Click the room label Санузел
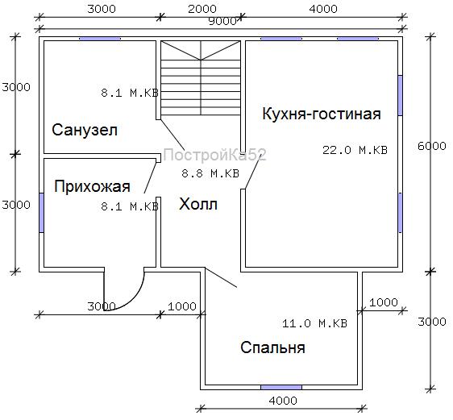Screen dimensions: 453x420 point(85,130)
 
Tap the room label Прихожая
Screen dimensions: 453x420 point(92,186)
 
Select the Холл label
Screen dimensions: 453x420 point(198,204)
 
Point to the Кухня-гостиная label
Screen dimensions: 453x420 point(322,114)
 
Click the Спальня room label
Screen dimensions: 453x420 point(272,347)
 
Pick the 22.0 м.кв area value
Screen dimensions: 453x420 point(355,150)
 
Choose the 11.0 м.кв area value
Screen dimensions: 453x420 point(314,323)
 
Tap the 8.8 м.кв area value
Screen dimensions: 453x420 point(210,173)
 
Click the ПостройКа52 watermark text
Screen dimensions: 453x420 point(214,155)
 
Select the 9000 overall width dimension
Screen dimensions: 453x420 point(222,22)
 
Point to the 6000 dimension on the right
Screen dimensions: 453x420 point(432,146)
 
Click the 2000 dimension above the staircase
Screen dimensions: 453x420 point(202,9)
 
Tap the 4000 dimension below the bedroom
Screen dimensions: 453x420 point(283,401)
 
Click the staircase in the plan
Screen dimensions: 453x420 point(201,78)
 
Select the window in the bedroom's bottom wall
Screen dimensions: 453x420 point(281,388)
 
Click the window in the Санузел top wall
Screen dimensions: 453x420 point(100,39)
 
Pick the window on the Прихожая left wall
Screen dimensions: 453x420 point(41,213)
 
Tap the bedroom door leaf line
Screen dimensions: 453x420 point(221,277)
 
